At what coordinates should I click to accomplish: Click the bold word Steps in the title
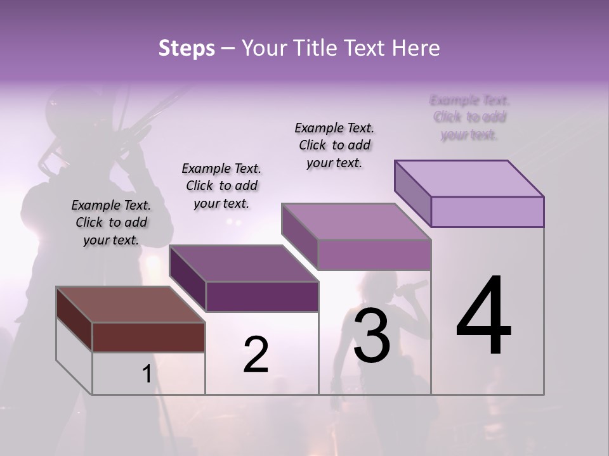tap(187, 48)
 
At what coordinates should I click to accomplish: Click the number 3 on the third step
tap(372, 336)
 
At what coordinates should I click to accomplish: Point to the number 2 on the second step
tap(256, 355)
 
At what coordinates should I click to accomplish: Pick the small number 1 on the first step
tap(147, 374)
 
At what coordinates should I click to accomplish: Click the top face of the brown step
tap(130, 304)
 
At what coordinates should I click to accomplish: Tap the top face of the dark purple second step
tap(244, 263)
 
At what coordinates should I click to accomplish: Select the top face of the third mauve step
tap(357, 222)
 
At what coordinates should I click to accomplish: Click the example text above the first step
tap(111, 222)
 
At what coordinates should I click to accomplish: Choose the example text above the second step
tap(221, 186)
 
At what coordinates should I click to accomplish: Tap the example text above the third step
tap(334, 145)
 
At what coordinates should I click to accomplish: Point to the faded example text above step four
tap(469, 117)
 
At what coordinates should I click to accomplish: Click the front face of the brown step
tap(148, 337)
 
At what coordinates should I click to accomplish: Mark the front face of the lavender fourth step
tap(487, 212)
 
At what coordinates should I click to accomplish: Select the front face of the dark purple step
tap(262, 296)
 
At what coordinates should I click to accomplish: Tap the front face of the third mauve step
tap(374, 255)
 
